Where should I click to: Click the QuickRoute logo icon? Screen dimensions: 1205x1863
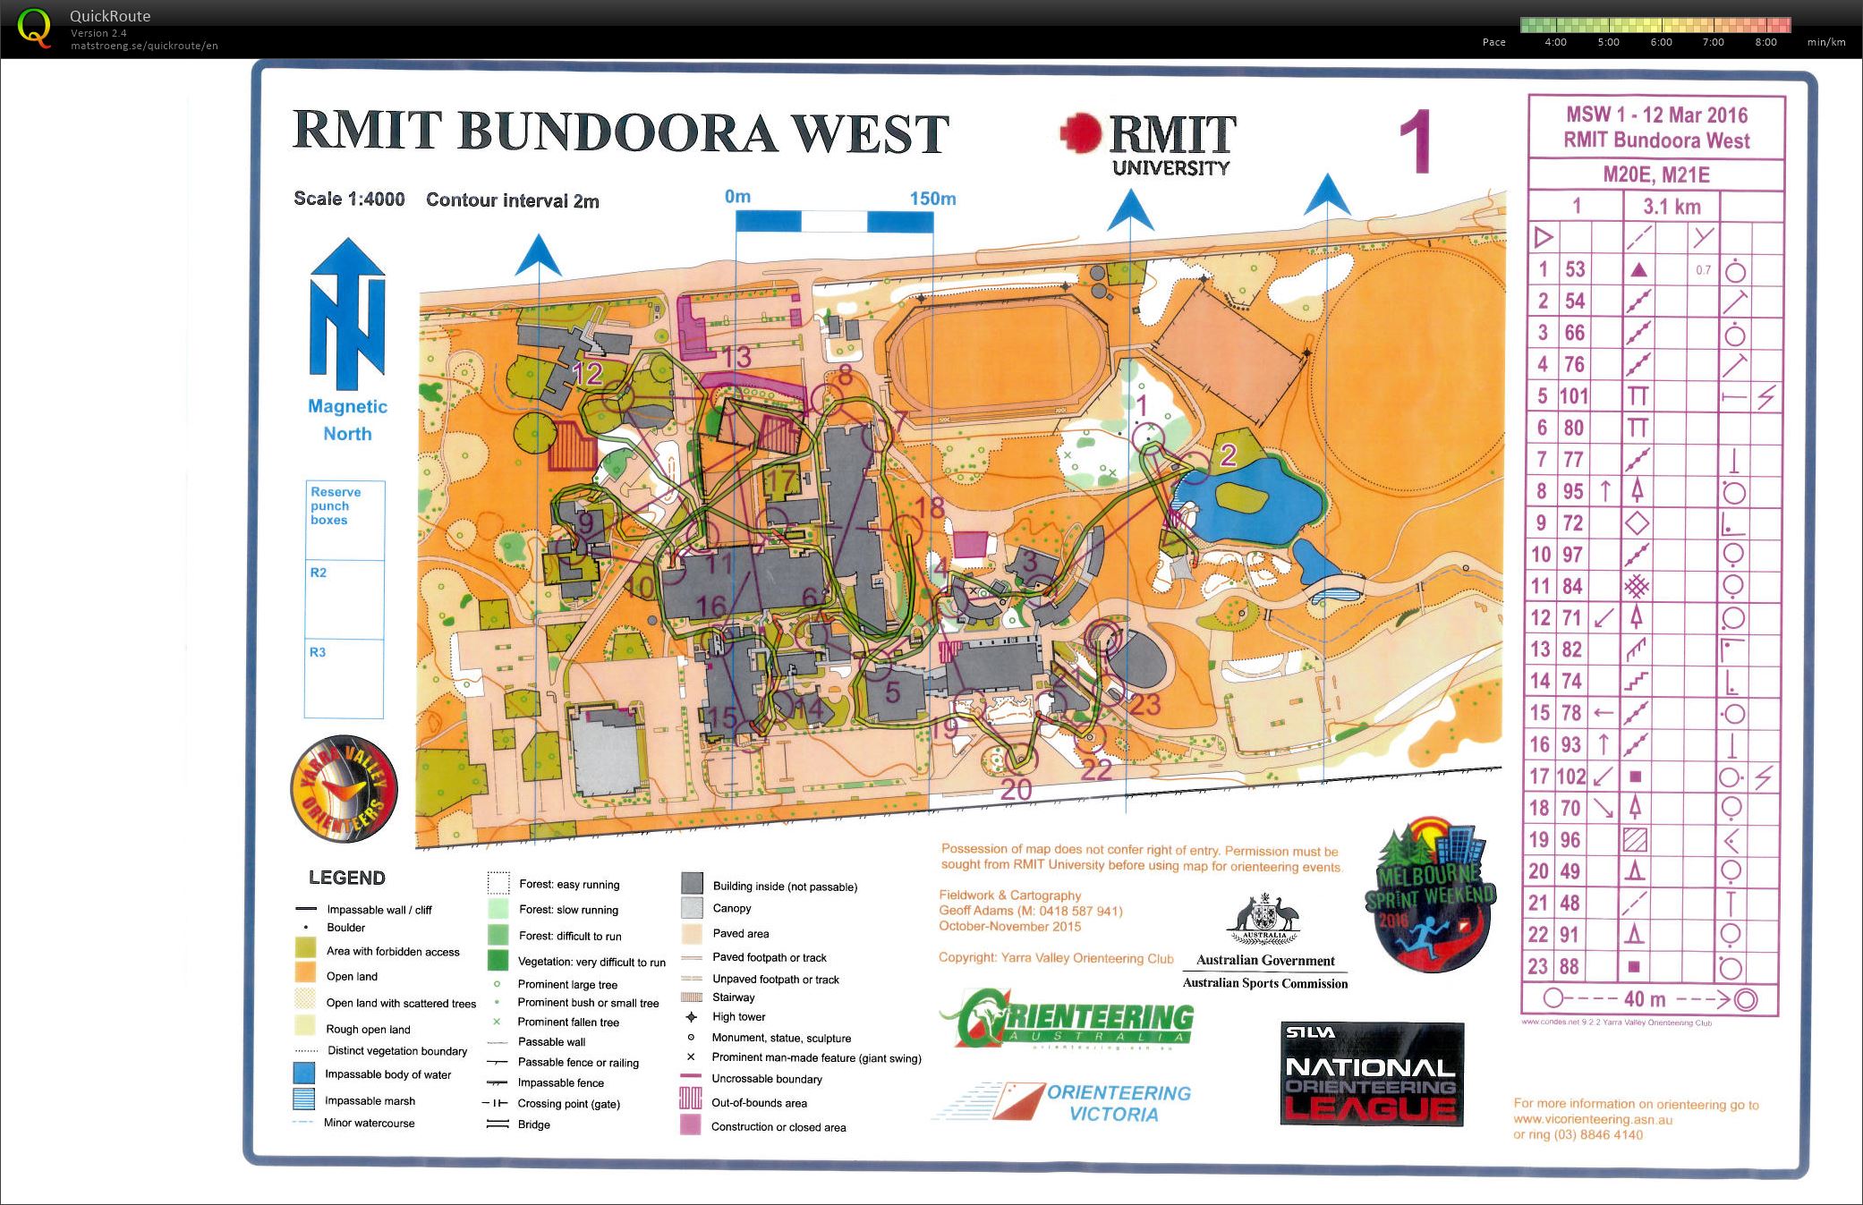click(x=34, y=28)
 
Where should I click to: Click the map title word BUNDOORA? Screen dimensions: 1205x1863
click(x=617, y=132)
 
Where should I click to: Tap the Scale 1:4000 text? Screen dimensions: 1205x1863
click(x=349, y=199)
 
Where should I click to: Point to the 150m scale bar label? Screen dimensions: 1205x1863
click(x=932, y=199)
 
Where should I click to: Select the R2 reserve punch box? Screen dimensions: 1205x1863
click(x=345, y=599)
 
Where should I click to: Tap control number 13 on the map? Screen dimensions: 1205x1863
click(x=736, y=358)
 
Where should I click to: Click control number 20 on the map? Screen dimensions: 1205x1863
click(x=1016, y=789)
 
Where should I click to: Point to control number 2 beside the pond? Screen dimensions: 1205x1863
click(x=1228, y=455)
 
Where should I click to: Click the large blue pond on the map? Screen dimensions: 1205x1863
click(x=1253, y=510)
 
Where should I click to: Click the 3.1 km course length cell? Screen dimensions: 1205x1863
click(x=1672, y=207)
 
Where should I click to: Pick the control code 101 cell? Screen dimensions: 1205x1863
click(x=1574, y=396)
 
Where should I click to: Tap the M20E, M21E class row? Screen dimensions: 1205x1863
click(x=1655, y=174)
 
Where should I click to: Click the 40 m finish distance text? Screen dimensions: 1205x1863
click(x=1645, y=999)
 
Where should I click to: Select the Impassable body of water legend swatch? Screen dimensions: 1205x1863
click(x=304, y=1074)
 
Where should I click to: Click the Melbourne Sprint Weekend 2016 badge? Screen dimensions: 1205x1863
click(x=1430, y=895)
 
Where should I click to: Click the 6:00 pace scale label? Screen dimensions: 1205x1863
click(x=1661, y=42)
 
